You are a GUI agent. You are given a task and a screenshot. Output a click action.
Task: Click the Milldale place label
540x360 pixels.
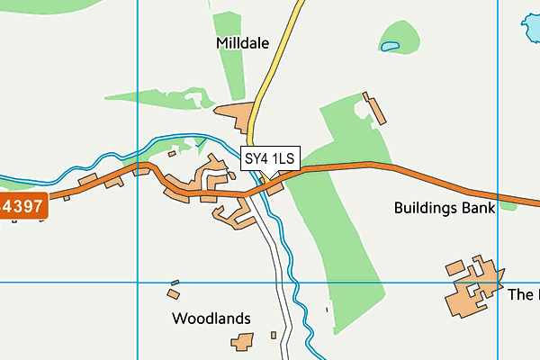click(243, 42)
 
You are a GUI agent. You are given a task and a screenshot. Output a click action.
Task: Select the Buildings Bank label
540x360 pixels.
click(445, 208)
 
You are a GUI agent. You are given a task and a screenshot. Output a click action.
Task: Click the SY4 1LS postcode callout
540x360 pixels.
click(270, 159)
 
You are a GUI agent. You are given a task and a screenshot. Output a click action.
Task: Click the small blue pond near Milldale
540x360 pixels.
click(390, 45)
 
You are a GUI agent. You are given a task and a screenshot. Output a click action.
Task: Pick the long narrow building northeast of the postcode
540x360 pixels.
click(373, 108)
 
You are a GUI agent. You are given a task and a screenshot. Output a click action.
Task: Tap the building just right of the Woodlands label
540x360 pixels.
click(241, 342)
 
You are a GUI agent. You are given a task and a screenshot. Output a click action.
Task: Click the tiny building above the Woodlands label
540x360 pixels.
click(174, 292)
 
